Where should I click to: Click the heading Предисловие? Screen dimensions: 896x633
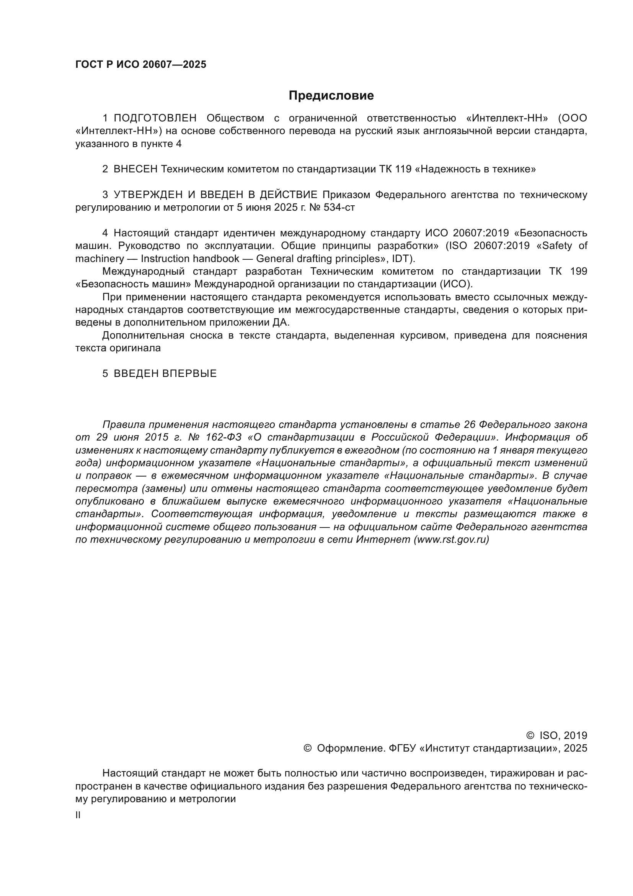tap(331, 96)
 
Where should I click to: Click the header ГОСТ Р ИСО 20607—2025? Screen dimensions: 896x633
tap(141, 65)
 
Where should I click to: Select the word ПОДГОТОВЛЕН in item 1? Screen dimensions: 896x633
tap(155, 118)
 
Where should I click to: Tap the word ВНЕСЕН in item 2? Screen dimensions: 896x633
tap(135, 169)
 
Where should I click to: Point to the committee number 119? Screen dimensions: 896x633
tap(403, 169)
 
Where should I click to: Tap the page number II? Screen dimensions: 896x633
tap(78, 815)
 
